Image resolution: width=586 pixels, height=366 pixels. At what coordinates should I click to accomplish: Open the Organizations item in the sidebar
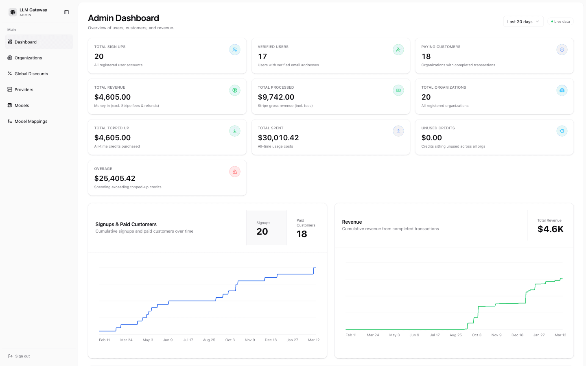click(28, 58)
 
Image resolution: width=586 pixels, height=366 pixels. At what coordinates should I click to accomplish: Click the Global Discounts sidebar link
click(31, 74)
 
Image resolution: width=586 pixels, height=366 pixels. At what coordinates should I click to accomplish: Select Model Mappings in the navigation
click(31, 121)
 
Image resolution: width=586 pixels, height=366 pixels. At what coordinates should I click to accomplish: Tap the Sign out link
click(22, 356)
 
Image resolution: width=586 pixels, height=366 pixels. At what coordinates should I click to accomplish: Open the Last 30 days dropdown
click(523, 22)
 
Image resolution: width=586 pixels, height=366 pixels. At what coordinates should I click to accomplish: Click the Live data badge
click(560, 22)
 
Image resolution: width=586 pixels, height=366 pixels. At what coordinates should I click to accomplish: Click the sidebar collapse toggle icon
click(67, 12)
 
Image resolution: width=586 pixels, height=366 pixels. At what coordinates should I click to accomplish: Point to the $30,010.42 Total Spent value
click(278, 138)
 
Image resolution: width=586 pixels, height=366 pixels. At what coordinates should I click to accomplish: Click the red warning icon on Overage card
click(235, 172)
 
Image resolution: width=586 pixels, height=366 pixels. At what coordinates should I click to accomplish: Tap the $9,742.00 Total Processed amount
click(276, 97)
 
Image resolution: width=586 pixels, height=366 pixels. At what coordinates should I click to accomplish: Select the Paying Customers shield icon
click(562, 50)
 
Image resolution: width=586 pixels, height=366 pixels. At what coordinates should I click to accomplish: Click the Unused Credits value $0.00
click(431, 138)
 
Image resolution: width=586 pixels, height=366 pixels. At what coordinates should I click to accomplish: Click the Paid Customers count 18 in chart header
click(302, 234)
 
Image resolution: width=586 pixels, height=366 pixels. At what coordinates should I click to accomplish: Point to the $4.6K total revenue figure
click(550, 229)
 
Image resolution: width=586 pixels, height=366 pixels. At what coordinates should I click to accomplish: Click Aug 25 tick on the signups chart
click(209, 340)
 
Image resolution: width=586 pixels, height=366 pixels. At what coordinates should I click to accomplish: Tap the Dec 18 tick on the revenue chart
click(517, 335)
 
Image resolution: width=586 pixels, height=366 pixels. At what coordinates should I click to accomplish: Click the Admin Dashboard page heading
click(123, 18)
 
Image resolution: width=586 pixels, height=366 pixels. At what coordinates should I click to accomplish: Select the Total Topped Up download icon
click(235, 131)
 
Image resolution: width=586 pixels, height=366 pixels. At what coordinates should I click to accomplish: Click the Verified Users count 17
click(262, 57)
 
